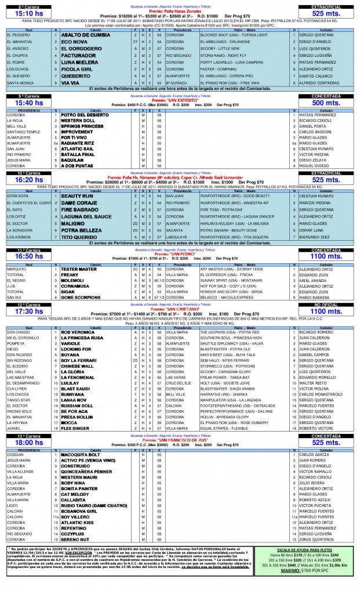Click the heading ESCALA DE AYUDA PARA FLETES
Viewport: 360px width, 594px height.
tap(310, 548)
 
